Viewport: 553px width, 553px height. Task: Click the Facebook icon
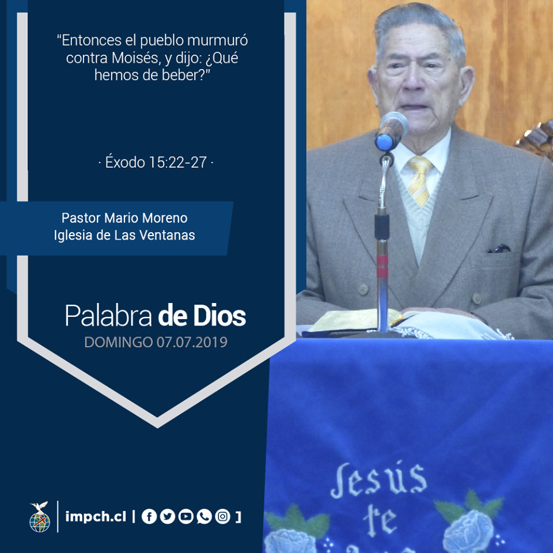click(149, 517)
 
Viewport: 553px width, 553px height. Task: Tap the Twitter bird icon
click(168, 517)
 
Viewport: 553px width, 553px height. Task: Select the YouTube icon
click(186, 517)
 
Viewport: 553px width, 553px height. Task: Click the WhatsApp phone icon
click(204, 517)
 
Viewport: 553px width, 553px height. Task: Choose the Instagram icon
click(222, 517)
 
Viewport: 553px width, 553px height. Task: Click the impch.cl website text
click(96, 517)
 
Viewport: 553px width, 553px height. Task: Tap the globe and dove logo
click(40, 517)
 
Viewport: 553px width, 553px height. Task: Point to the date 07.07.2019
click(192, 342)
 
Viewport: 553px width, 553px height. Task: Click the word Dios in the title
click(219, 316)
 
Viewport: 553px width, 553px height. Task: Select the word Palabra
click(108, 316)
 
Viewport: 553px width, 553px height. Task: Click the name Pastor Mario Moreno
click(124, 218)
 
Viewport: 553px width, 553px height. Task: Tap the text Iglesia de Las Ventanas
click(124, 235)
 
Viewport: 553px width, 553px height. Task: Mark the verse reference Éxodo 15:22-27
click(156, 162)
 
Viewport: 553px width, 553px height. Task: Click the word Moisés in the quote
click(134, 58)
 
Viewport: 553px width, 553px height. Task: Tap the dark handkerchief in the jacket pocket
click(499, 249)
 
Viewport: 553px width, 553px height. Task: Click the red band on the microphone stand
click(382, 266)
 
